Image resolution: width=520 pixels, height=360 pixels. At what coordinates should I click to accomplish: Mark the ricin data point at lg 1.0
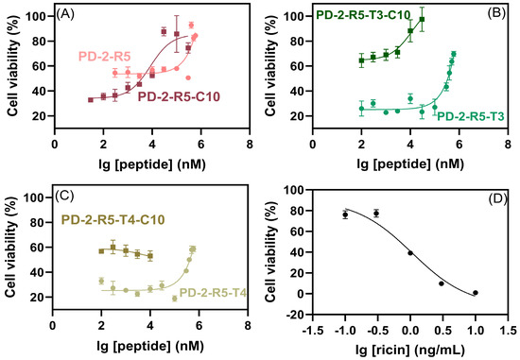pos(475,293)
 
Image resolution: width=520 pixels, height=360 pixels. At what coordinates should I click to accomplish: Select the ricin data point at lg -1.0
pos(345,214)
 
